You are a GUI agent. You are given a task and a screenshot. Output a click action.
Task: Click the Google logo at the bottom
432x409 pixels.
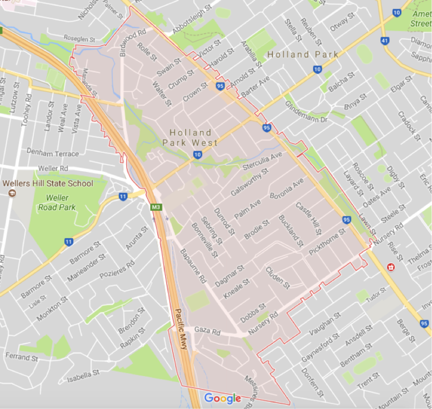(222, 399)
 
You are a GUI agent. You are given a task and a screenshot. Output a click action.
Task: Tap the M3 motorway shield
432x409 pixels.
(156, 207)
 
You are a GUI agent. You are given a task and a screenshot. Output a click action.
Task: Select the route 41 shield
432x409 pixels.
(384, 41)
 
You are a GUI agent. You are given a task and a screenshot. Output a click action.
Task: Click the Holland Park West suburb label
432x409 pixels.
(190, 137)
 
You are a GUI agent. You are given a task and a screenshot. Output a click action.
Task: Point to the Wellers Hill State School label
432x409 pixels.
(48, 183)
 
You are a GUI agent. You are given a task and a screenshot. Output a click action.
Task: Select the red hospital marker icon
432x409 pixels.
(390, 267)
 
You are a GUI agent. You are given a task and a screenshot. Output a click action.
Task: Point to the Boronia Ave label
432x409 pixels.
(287, 192)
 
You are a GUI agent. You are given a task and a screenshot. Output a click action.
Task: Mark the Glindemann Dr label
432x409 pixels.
(307, 109)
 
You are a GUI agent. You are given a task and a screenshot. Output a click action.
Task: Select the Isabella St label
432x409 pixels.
(83, 373)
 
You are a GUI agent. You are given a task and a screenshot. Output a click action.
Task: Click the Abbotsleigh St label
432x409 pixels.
(192, 21)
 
